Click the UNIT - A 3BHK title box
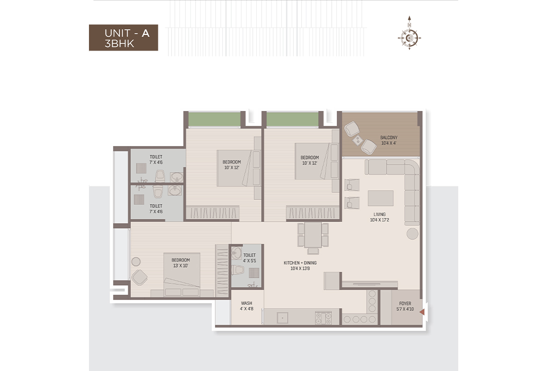coord(123,38)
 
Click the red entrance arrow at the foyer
coord(422,312)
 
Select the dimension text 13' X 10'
coord(180,266)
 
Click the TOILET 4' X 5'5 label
coord(249,258)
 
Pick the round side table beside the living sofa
coord(412,234)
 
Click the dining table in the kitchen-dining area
coord(313,235)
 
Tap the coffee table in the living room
coord(380,198)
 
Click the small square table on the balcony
coord(357,140)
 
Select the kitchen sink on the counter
coord(283,318)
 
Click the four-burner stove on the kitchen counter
coord(323,318)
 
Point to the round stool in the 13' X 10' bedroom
coord(136,262)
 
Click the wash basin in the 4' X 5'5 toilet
coord(236,253)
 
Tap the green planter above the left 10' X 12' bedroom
coord(215,119)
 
